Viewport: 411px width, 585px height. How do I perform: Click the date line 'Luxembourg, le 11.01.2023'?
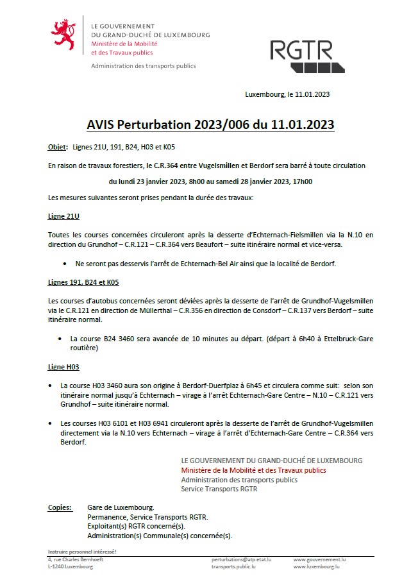click(x=287, y=94)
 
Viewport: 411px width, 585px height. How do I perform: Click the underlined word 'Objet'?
click(x=57, y=148)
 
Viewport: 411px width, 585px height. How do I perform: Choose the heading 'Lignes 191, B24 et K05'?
click(x=83, y=282)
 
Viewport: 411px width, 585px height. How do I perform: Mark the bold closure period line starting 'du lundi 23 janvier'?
click(x=210, y=182)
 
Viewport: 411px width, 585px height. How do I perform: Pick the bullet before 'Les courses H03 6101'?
click(x=51, y=424)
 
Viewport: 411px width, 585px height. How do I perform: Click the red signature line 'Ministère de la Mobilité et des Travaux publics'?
click(x=253, y=470)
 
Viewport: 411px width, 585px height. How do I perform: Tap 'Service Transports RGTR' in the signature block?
click(x=219, y=489)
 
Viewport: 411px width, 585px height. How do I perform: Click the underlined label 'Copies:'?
click(x=60, y=507)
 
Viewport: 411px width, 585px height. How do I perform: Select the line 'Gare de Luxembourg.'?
click(x=121, y=507)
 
